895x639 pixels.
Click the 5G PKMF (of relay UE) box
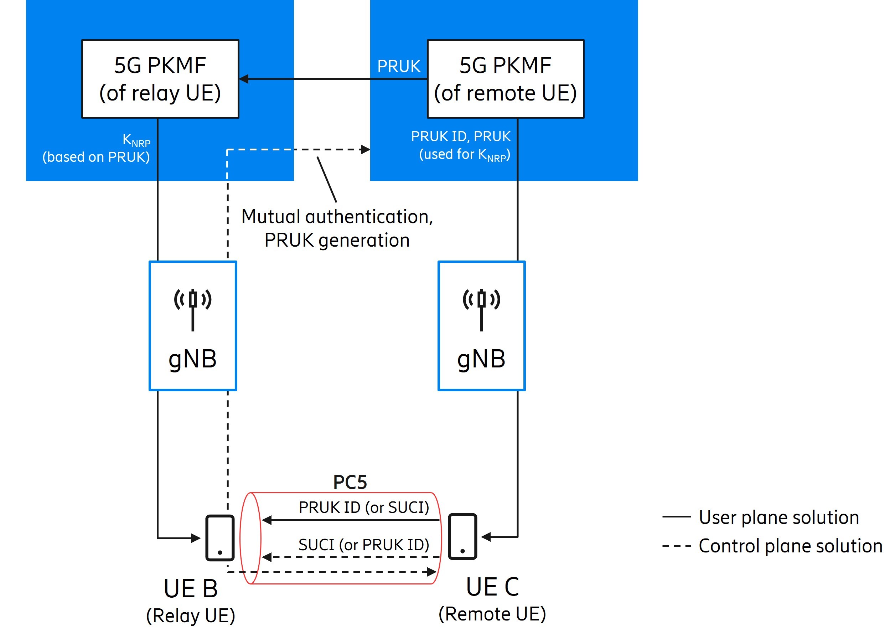160,79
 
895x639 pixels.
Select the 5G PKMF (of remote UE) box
505,79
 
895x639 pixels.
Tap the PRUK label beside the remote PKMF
399,66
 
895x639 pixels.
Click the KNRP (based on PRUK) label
97,148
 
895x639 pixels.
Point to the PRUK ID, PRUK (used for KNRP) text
461,146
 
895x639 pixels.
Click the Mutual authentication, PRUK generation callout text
337,228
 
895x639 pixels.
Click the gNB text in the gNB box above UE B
193,359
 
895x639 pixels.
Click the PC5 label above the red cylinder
350,482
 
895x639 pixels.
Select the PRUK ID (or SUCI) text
363,507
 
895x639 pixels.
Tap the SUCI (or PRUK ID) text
363,545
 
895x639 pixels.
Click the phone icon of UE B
220,537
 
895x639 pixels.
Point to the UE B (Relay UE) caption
191,601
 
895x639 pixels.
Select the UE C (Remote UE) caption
492,599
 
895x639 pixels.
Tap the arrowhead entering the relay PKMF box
244,79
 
